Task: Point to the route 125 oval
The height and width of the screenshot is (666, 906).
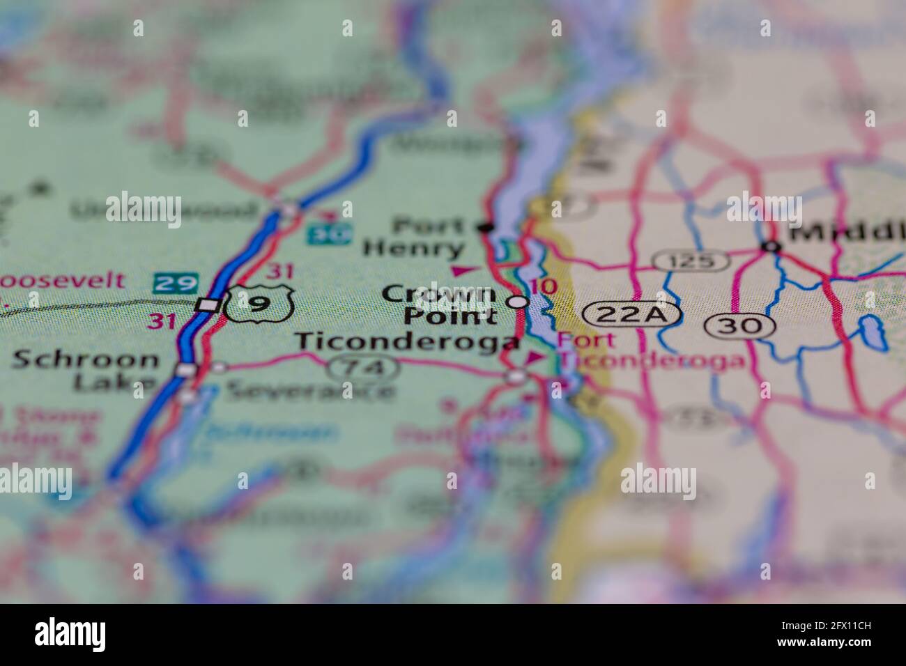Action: (692, 261)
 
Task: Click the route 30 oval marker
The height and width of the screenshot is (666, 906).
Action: (740, 325)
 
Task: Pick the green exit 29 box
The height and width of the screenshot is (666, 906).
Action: (176, 283)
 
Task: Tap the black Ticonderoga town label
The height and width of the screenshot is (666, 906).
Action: (407, 342)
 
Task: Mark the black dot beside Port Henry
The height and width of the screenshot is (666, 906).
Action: (486, 226)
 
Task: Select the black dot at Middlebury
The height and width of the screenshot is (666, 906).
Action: (769, 246)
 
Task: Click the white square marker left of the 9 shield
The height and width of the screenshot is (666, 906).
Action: (207, 304)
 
